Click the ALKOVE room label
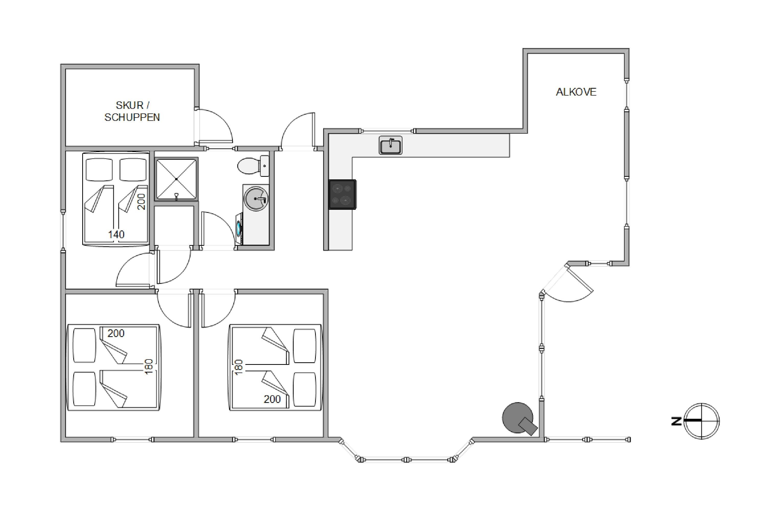tap(576, 92)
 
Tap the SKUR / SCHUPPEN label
tap(132, 111)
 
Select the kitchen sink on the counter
tap(390, 145)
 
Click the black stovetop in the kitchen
tap(342, 194)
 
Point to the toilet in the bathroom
tap(253, 166)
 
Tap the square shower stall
tap(176, 179)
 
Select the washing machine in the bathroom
tap(240, 228)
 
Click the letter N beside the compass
tap(676, 421)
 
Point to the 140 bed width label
tap(116, 234)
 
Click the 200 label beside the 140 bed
tap(141, 202)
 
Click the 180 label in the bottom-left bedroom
tap(149, 367)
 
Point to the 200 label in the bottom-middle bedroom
tap(272, 399)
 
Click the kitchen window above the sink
tap(387, 131)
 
